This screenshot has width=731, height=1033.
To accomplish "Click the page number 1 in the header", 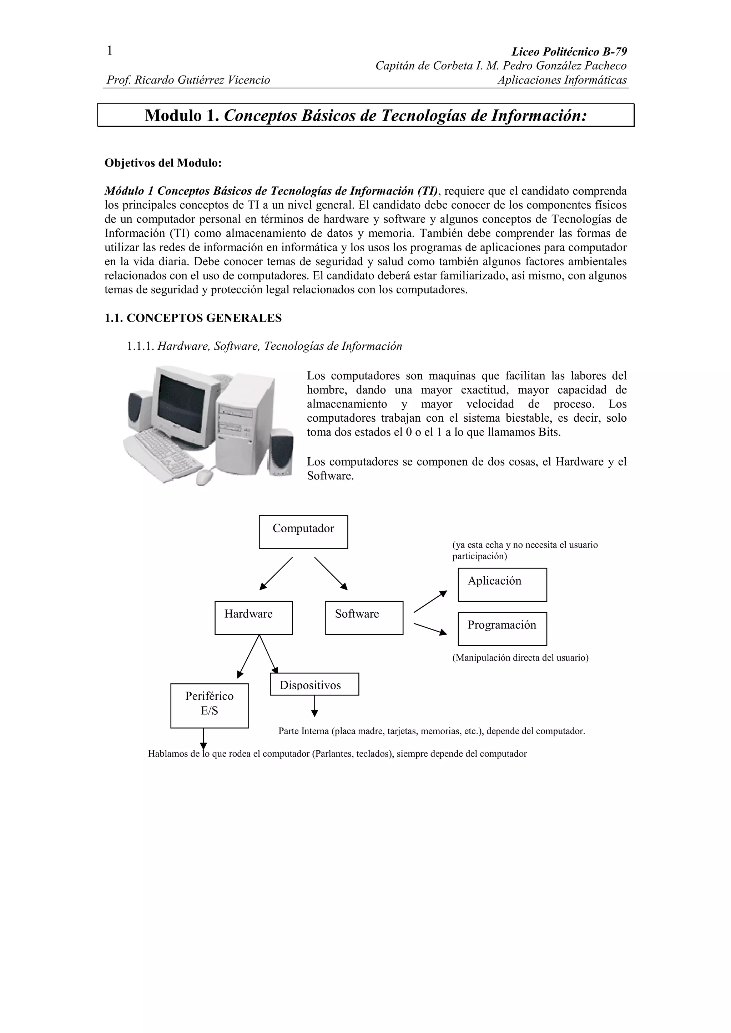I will tap(109, 51).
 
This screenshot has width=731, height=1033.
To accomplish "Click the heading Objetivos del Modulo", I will tap(163, 163).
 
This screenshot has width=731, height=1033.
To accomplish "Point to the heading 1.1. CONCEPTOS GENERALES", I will tap(193, 318).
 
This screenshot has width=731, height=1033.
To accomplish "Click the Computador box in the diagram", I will tap(303, 532).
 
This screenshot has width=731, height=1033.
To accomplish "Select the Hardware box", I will tap(253, 618).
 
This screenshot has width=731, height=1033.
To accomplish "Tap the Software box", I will tap(364, 618).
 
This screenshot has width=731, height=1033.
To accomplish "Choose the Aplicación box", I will tap(502, 585).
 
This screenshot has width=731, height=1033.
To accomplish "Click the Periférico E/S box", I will tap(210, 705).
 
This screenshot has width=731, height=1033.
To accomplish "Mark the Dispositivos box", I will tap(314, 685).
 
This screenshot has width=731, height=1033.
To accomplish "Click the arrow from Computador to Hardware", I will tap(276, 573).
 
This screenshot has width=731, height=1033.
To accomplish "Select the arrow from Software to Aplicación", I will tap(430, 602).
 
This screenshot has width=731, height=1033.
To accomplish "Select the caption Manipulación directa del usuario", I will tap(520, 658).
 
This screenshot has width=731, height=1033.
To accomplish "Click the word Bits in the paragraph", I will tap(548, 432).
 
